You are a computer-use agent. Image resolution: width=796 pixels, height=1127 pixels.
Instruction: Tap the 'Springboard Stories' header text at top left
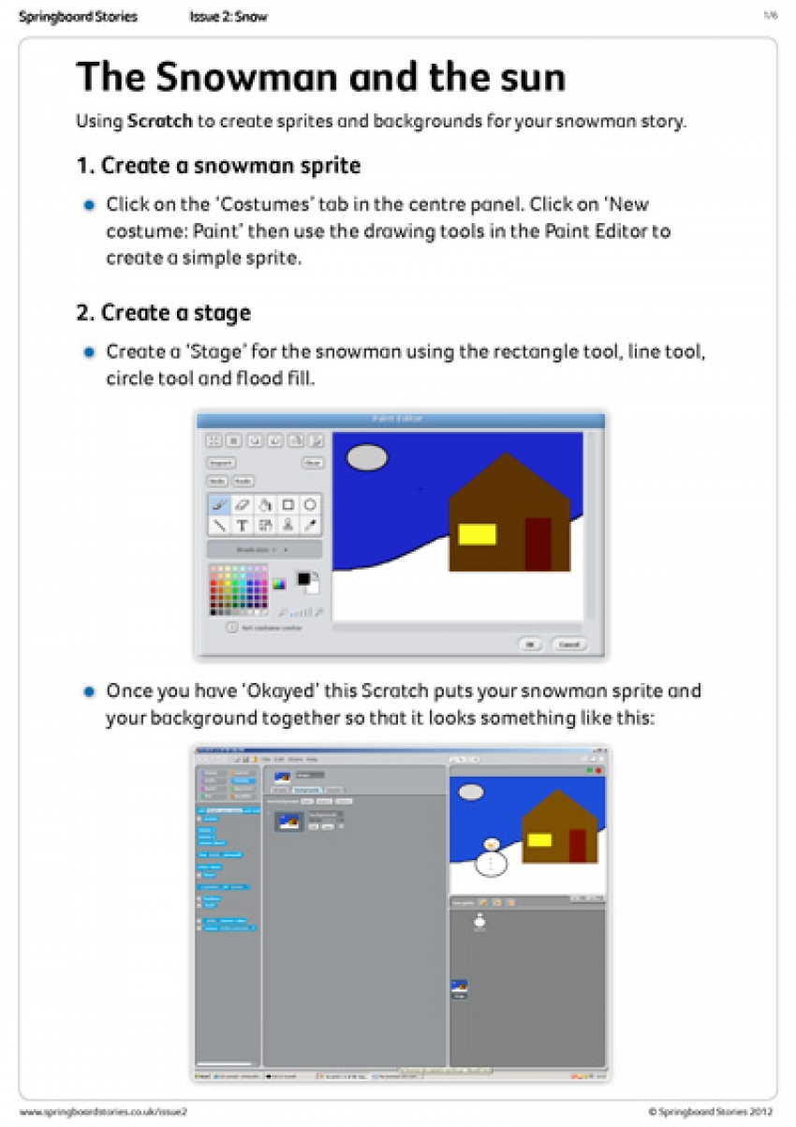coord(78,17)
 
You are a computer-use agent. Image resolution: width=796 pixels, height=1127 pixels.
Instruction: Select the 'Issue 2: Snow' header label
coord(228,17)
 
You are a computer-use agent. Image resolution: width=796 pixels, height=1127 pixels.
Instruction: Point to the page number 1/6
coord(770,16)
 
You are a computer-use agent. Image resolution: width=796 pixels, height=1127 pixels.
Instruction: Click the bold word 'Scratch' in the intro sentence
coord(160,122)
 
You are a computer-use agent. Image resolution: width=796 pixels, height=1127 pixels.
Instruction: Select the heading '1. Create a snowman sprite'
coord(218,166)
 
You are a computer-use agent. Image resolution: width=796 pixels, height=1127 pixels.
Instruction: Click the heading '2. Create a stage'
coord(163,312)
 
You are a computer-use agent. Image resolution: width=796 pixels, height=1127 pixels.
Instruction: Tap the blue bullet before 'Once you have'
coord(89,692)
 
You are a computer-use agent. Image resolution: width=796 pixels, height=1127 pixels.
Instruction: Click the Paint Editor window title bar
coord(399,420)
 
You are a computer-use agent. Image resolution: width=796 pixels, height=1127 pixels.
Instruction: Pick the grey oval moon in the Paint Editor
coord(367,457)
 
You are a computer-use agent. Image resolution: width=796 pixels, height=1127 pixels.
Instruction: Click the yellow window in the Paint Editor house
coord(477,534)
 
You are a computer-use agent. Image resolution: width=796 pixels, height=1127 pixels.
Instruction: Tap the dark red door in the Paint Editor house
coord(538,543)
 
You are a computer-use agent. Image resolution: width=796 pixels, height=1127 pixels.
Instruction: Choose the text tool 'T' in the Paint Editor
coord(242,526)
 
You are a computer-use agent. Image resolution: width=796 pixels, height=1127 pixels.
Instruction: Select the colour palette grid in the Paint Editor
coord(239,589)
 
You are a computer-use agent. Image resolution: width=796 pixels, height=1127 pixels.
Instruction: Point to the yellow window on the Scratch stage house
coord(539,839)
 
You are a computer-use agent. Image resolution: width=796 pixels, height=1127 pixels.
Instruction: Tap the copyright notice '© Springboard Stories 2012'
coord(711,1111)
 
